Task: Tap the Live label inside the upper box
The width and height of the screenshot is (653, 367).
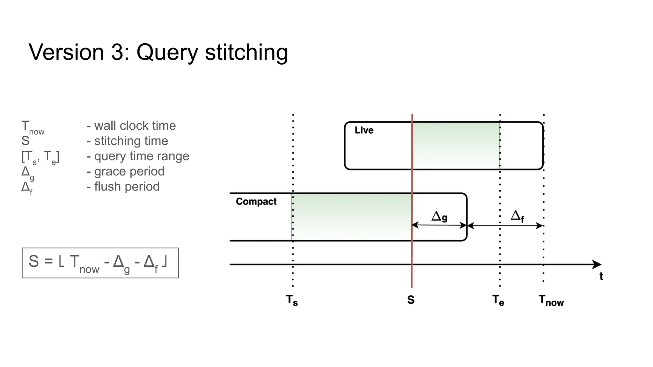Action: coord(364,130)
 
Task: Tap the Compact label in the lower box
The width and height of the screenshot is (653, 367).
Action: coord(256,202)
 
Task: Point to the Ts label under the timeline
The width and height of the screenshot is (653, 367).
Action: coord(292,300)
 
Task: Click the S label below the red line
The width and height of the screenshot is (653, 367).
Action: coord(411,300)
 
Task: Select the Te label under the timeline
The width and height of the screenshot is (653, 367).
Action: coord(498,300)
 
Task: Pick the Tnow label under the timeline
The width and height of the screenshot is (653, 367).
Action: coord(551,300)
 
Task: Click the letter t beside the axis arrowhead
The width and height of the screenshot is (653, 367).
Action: coord(601,276)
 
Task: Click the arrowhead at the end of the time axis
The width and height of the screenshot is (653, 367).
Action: coord(597,264)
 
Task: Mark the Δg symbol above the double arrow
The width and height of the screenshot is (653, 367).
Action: coord(439,217)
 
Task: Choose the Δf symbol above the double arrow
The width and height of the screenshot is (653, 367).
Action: coord(517,216)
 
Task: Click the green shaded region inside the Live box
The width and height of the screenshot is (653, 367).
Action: coord(456,145)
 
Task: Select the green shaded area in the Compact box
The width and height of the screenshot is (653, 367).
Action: coord(352,217)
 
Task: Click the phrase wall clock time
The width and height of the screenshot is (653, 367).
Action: coord(135,126)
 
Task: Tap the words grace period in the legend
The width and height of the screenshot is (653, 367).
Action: coord(129,171)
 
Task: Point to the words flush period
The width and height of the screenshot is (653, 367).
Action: coord(127,187)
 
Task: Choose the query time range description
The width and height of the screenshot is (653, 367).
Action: coord(142,156)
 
